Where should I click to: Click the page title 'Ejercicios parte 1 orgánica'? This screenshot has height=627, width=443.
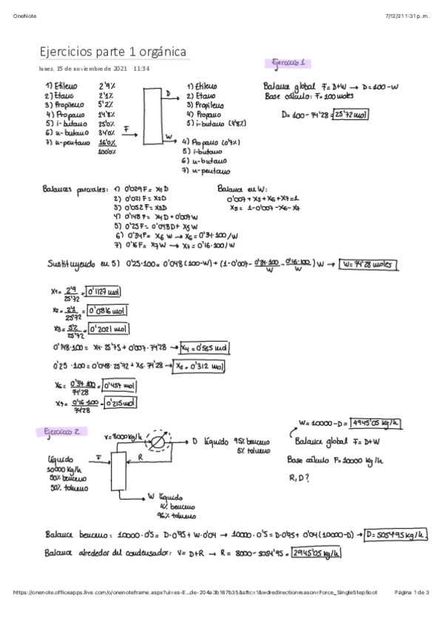113,51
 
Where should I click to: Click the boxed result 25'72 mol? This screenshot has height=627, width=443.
351,115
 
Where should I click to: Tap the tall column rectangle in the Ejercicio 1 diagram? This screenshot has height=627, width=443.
152,116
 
